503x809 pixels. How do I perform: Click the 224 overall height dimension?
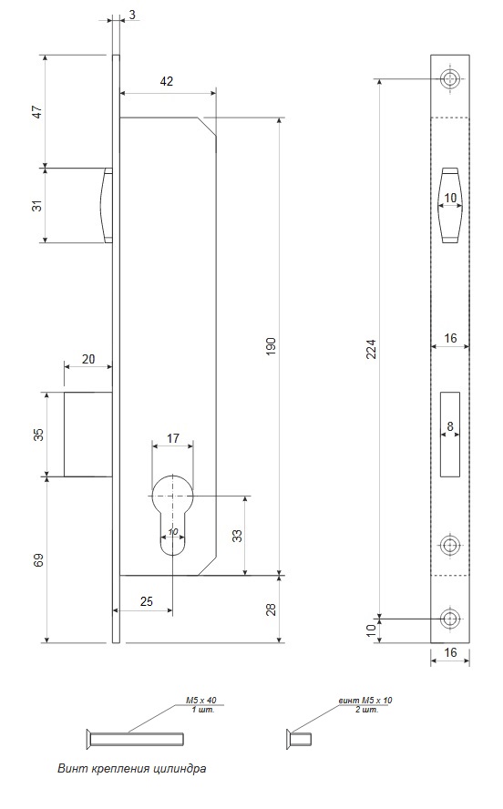click(374, 348)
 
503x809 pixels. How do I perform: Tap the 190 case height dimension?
click(272, 345)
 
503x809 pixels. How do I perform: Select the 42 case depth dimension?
click(167, 81)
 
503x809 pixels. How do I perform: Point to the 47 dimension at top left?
click(37, 111)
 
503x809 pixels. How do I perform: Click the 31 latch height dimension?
click(37, 205)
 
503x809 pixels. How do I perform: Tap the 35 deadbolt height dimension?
click(37, 434)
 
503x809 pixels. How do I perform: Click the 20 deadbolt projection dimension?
click(88, 358)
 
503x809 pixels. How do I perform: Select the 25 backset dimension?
click(147, 601)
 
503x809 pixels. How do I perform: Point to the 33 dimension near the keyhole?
click(237, 536)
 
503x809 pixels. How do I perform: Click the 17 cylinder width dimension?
click(173, 438)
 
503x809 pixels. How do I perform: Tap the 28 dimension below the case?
click(272, 609)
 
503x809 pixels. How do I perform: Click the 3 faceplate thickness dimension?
click(133, 15)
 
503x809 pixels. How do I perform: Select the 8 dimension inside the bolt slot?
click(450, 426)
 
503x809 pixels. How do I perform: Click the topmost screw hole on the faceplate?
click(450, 79)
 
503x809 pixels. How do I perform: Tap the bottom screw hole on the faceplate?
click(450, 619)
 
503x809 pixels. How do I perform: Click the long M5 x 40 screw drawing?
click(134, 738)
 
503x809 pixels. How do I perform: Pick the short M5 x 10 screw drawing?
click(299, 738)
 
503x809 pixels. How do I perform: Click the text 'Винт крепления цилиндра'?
click(131, 768)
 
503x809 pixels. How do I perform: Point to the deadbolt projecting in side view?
click(88, 434)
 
